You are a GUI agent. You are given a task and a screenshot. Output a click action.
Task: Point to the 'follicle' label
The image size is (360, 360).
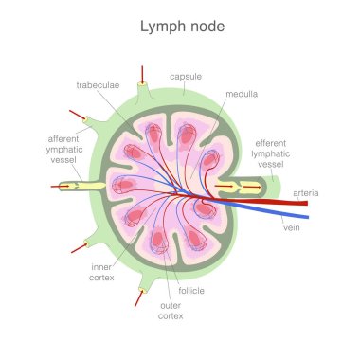tap(191, 290)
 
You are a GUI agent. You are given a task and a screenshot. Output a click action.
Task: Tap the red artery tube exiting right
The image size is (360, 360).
tap(275, 201)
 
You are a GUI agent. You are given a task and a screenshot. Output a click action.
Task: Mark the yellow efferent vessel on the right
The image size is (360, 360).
tap(237, 187)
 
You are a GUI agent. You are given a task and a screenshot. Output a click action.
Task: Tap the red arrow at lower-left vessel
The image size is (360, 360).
tap(76, 250)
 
